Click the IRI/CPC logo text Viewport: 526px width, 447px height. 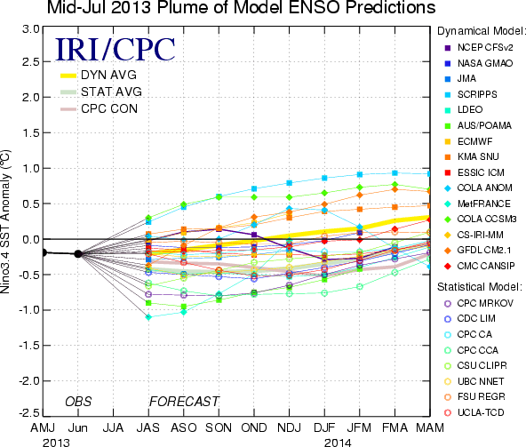pos(116,50)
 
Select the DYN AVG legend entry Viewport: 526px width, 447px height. pos(99,76)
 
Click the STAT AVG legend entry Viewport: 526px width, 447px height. pos(101,92)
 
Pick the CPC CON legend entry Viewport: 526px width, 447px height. pos(99,108)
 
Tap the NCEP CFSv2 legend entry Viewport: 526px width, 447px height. pos(479,48)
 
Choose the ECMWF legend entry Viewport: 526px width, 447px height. pos(468,141)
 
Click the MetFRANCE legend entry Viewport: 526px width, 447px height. pos(477,204)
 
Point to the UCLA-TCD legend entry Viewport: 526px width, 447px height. pos(474,412)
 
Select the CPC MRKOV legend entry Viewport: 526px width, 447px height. pos(479,303)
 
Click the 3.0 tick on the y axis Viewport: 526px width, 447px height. pos(31,29)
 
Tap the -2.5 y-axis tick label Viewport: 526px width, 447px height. pos(28,412)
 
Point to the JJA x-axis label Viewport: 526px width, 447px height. pos(113,427)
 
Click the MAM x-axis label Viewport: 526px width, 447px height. pos(430,427)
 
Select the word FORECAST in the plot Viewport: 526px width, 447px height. pos(184,402)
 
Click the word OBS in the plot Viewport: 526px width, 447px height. pos(78,402)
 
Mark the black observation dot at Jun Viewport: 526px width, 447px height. pos(78,253)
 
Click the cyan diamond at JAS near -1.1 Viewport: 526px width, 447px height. pos(148,316)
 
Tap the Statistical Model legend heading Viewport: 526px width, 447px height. pos(480,287)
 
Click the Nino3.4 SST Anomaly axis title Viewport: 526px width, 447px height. pos(5,221)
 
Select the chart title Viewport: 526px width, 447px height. pos(241,7)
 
